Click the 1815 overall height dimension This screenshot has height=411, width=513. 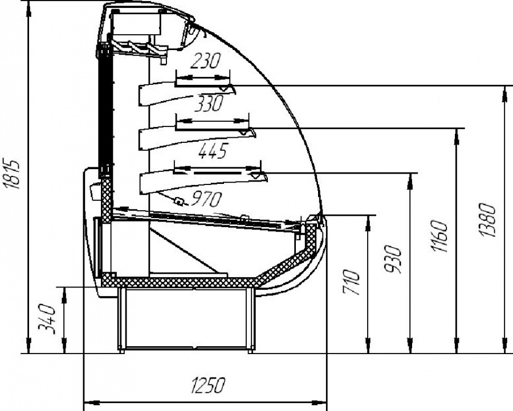tap(13, 174)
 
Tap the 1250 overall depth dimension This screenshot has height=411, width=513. tap(209, 385)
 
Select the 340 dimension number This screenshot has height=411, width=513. tap(47, 319)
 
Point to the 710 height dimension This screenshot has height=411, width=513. tap(352, 282)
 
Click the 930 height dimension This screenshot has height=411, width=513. tap(392, 259)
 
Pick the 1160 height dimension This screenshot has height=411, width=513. tap(439, 236)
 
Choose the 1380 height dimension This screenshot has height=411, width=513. tap(487, 220)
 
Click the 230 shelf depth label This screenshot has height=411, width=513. tap(205, 61)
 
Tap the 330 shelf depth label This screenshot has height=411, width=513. tap(209, 103)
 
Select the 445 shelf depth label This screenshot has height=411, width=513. tap(213, 151)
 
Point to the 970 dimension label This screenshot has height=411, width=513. tap(206, 199)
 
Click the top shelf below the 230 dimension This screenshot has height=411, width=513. tap(187, 93)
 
